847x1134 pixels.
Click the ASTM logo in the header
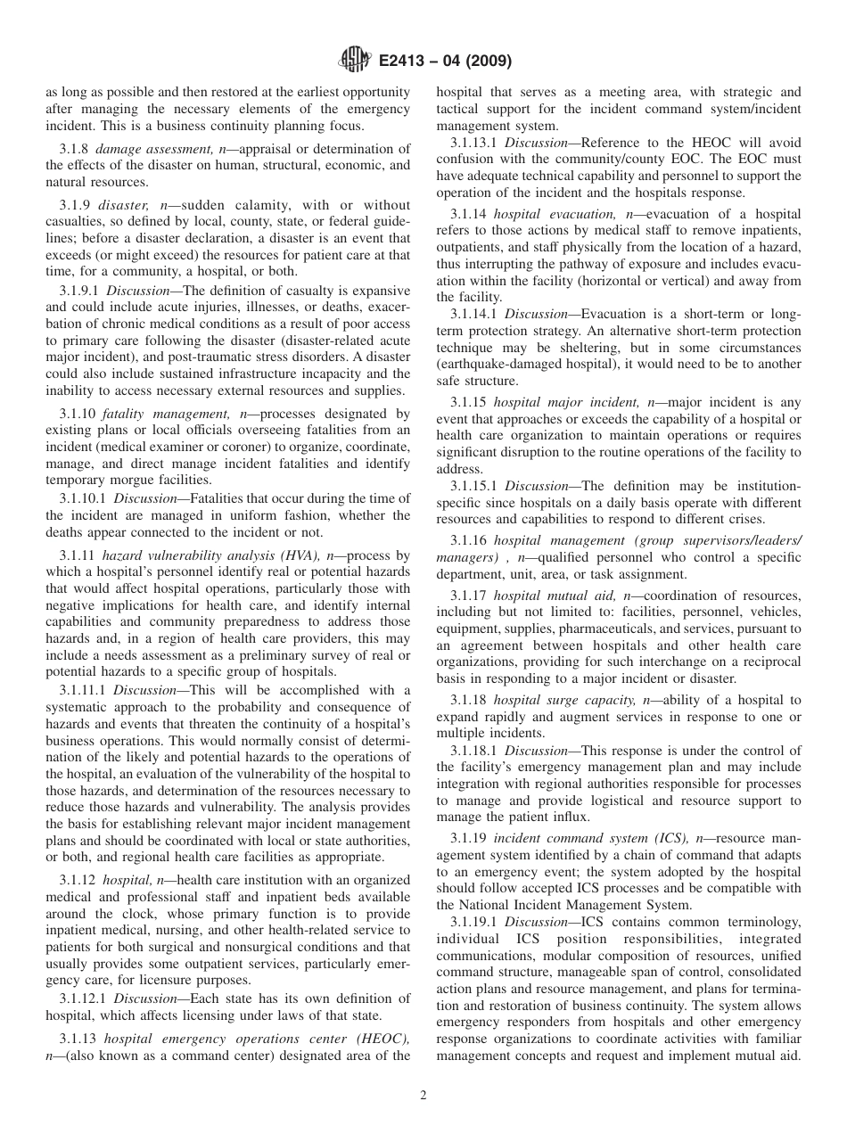354,62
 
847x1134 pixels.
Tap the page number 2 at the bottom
423,1096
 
